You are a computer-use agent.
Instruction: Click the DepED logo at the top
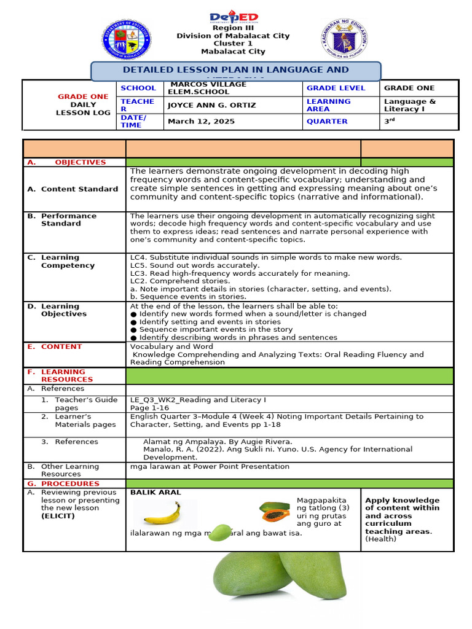(234, 18)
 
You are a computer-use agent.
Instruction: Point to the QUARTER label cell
(327, 121)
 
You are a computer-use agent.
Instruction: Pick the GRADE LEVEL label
(336, 88)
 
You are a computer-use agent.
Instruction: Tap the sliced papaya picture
(274, 511)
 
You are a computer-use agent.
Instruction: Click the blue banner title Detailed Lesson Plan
(236, 71)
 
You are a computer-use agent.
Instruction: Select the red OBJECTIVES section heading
(80, 162)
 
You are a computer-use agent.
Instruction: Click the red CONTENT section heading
(61, 346)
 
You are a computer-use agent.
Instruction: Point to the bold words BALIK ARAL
(155, 493)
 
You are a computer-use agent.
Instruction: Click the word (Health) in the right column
(381, 539)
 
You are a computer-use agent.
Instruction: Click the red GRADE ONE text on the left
(82, 97)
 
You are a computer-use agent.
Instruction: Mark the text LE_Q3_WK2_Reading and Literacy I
(198, 400)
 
